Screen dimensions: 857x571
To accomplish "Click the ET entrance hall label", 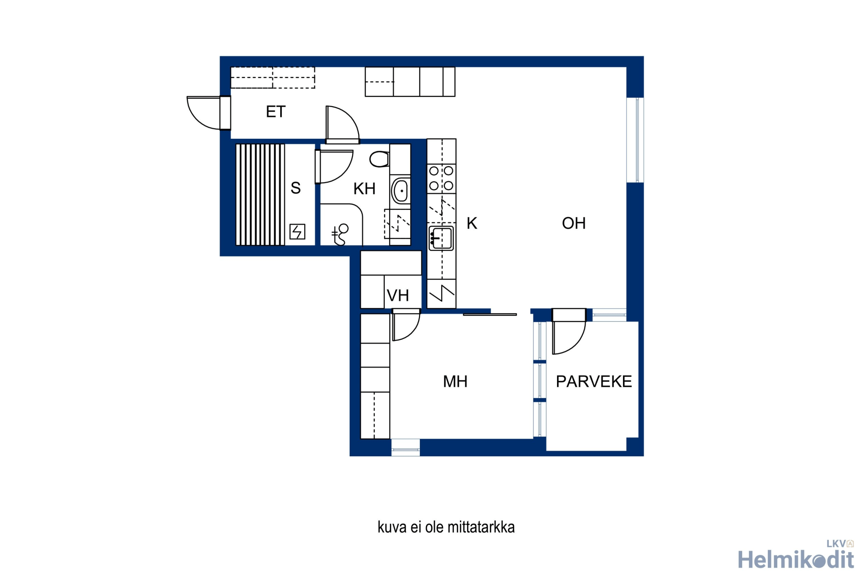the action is click(276, 112).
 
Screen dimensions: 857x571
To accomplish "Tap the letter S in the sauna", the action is click(296, 188).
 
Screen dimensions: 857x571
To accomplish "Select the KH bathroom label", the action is click(364, 188).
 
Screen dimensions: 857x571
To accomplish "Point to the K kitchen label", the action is click(472, 223).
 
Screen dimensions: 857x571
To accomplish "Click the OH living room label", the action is click(574, 223).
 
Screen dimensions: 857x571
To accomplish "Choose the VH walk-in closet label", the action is click(398, 296).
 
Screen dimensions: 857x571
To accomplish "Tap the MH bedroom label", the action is click(455, 382).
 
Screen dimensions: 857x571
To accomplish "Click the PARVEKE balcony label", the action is click(594, 382).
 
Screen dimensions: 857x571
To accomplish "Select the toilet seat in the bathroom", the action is click(379, 159).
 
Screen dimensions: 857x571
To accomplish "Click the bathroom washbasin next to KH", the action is click(401, 191).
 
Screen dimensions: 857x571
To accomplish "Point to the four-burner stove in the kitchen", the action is click(441, 178).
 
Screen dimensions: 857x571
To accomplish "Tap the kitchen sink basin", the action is click(441, 239).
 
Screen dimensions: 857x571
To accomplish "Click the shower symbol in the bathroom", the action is click(340, 234).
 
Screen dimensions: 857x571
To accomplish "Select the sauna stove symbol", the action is click(297, 232).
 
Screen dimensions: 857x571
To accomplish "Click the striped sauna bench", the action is click(260, 195).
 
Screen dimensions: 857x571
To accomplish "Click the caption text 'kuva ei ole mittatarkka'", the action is click(446, 527).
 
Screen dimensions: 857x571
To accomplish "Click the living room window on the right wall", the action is click(635, 140).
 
